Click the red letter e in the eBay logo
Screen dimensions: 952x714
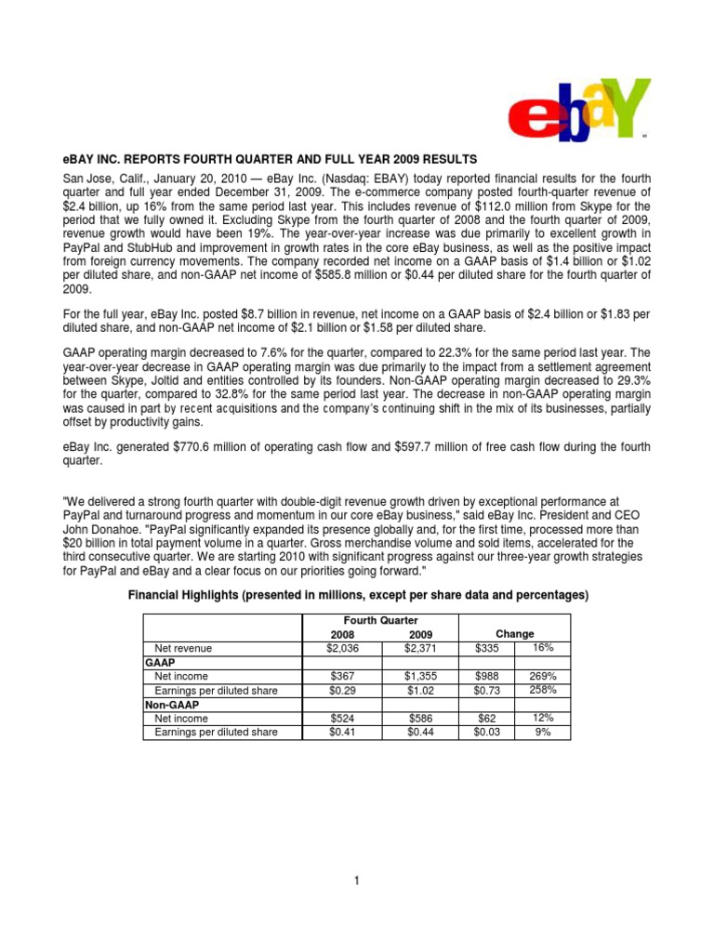[529, 122]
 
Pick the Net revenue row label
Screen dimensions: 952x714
[183, 647]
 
